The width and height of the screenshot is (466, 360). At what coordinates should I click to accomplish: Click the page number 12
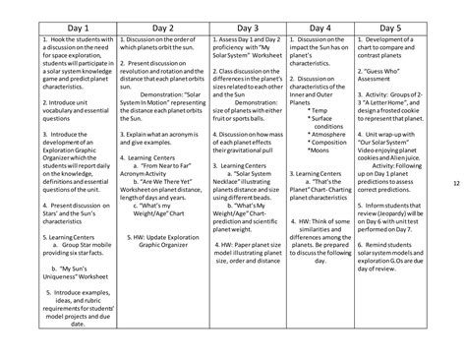pyautogui.click(x=457, y=182)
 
